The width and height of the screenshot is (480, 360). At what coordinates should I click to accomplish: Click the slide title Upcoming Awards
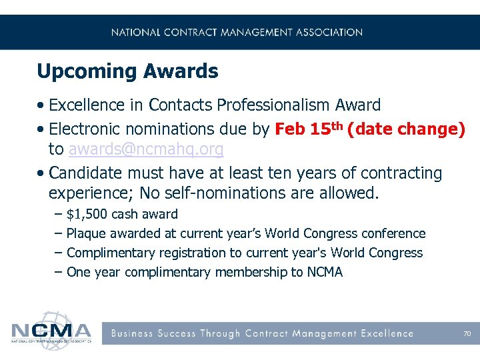(127, 71)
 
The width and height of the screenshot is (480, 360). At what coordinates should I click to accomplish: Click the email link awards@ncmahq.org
(145, 149)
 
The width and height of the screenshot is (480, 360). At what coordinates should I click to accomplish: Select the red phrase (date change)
(406, 128)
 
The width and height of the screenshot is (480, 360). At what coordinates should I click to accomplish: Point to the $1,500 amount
(87, 215)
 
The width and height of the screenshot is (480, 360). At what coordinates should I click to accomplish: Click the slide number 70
(467, 333)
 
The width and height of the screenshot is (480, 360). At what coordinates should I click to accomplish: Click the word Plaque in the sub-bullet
(87, 234)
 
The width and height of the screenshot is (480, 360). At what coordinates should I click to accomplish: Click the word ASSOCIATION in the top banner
(328, 32)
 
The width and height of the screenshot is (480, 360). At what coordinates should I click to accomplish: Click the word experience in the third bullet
(87, 194)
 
